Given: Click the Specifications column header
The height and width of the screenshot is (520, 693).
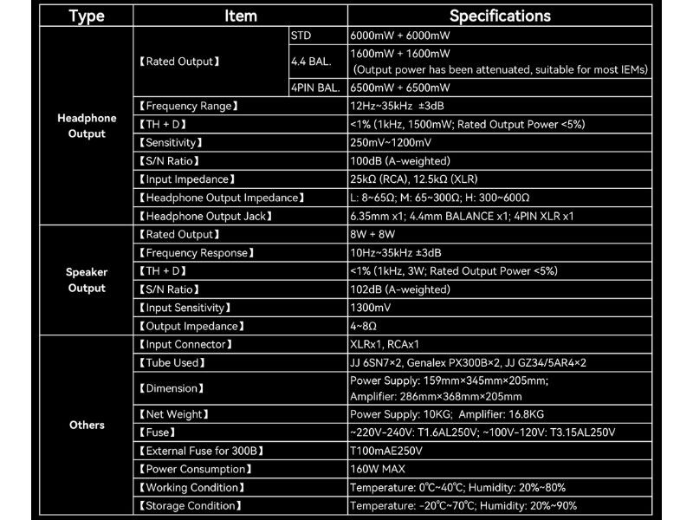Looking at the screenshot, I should pos(500,16).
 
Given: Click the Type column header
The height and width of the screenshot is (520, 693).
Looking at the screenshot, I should pos(87,16).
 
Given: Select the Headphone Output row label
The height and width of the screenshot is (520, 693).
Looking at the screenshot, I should pos(87,126).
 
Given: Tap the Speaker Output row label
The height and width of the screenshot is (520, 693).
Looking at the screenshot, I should pos(87,280).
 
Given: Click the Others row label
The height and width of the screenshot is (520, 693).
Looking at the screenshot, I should pos(87,425).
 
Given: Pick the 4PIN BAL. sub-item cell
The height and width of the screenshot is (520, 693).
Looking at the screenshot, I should pos(314,88).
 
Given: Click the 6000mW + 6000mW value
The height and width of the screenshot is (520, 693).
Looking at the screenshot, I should pos(400,36).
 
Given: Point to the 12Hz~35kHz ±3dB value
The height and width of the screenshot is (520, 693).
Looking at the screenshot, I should pos(396,106).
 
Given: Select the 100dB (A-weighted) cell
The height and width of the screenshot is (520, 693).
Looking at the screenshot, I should pos(399,160).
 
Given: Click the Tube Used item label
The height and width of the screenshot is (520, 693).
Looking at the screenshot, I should pos(172,362).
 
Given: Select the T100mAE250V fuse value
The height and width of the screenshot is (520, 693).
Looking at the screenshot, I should pos(385,451).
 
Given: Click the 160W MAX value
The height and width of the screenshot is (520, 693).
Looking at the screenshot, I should pos(379,469).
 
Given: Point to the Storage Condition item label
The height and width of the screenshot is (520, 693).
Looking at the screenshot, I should pos(190,505).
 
